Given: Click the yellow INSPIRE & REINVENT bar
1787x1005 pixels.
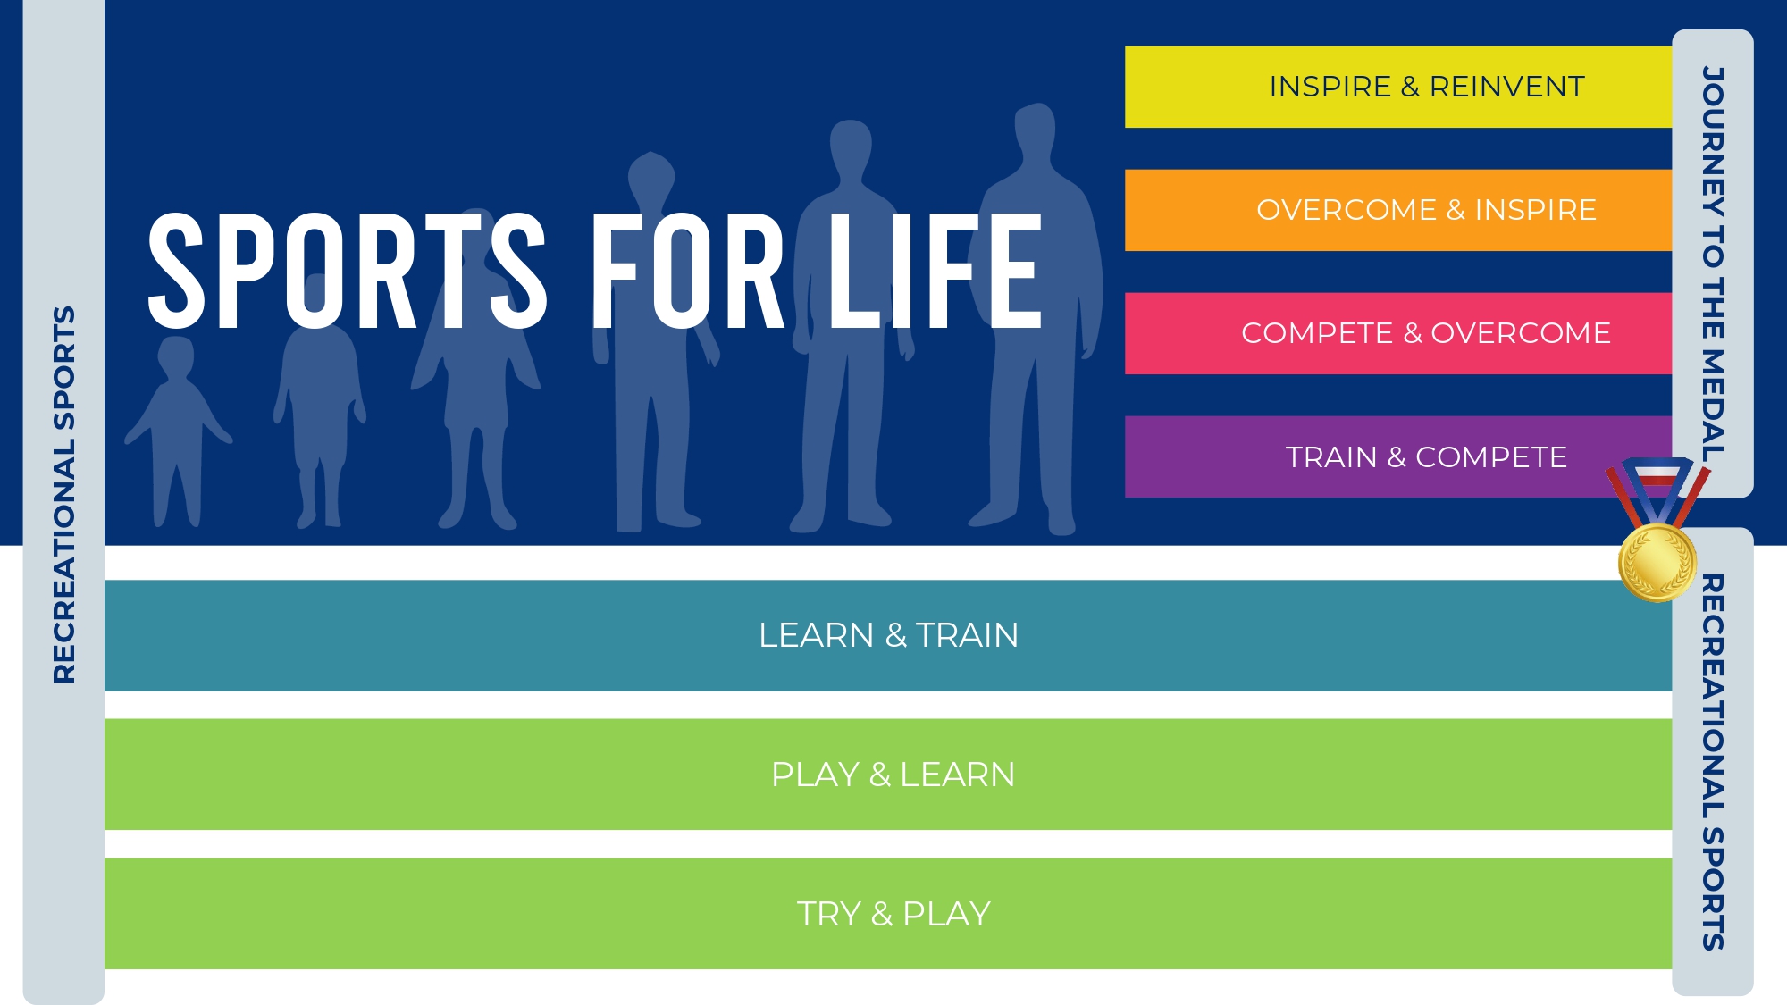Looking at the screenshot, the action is [x=1398, y=87].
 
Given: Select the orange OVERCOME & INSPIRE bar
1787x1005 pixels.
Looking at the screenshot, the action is [x=1398, y=210].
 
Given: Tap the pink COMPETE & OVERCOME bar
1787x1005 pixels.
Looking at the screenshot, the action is [x=1398, y=333].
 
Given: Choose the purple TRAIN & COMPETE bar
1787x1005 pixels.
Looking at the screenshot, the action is [x=1398, y=456].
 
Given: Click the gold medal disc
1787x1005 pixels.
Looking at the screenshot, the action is [x=1657, y=563].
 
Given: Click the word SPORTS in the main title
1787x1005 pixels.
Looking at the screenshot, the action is [x=348, y=270].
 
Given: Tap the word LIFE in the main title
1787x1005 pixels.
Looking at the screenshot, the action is [x=935, y=270].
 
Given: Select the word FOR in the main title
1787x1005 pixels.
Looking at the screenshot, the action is [x=688, y=270].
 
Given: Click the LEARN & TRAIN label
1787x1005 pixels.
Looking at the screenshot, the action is [x=888, y=635].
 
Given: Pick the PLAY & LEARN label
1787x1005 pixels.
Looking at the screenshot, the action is [x=893, y=775].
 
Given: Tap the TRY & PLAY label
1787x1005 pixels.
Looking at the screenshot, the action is [x=893, y=914].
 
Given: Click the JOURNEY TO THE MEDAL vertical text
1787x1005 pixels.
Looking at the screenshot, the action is [x=1712, y=264].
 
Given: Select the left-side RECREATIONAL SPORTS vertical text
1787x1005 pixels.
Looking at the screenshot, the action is [x=64, y=495].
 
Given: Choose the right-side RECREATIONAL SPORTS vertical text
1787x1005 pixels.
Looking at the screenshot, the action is [x=1712, y=762].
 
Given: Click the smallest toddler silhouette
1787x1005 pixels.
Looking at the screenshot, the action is [x=177, y=429].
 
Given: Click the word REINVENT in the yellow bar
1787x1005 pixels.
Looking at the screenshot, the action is [x=1506, y=87].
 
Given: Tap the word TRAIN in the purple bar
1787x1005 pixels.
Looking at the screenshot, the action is [x=1331, y=457].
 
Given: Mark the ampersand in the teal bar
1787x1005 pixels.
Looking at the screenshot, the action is [x=896, y=635].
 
